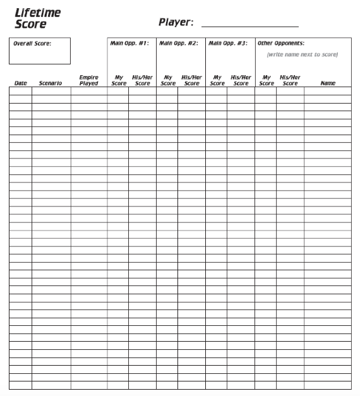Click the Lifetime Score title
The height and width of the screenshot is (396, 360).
tap(38, 18)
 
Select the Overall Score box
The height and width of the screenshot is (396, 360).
tap(40, 51)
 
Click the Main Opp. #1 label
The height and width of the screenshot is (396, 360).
tap(129, 44)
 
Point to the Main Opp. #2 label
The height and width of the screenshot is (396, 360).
tap(179, 44)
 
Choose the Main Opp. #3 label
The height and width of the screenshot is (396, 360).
tap(228, 44)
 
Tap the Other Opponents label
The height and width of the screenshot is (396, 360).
tap(280, 44)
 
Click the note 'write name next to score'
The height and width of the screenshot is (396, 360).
tap(302, 54)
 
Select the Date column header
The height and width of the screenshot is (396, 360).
tap(21, 83)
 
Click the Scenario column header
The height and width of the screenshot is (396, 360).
tap(51, 83)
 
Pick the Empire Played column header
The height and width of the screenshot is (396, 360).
tap(89, 80)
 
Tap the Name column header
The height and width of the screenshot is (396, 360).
tap(328, 83)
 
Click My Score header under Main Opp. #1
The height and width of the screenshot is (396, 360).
tap(119, 80)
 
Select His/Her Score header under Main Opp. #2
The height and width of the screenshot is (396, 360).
tap(192, 80)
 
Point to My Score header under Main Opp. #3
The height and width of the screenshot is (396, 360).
tap(217, 80)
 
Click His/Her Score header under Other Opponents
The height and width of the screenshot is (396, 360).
tap(290, 80)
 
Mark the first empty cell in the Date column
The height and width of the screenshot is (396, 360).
tap(20, 91)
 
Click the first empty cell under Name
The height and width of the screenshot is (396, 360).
tap(328, 91)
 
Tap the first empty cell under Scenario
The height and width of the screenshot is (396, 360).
tap(51, 91)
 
